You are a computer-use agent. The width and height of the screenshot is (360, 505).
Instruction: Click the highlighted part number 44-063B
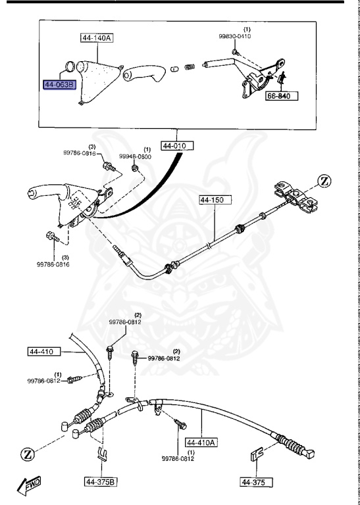click(60, 85)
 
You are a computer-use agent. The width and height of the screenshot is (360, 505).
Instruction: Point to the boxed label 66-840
click(282, 96)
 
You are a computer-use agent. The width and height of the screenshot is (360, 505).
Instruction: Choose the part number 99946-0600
click(135, 156)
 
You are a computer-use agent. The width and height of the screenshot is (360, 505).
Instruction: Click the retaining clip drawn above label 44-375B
click(101, 453)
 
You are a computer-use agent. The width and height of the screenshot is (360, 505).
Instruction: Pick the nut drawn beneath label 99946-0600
click(134, 170)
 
